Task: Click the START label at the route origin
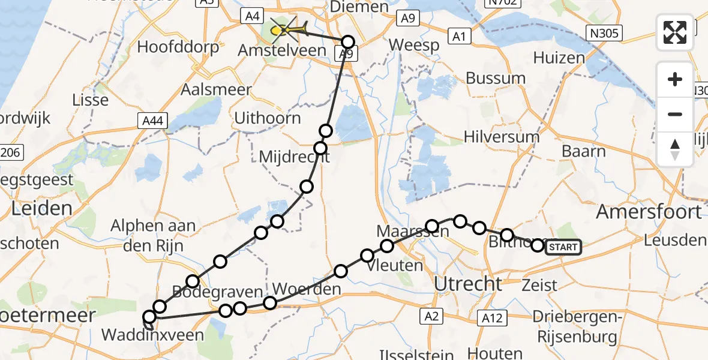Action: coord(563,247)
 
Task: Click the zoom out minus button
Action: coord(675,114)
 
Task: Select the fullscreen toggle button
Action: coord(675,32)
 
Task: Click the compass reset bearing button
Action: coord(675,149)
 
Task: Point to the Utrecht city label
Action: coord(468,284)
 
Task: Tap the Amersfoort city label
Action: coord(649,212)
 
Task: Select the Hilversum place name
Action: coord(502,137)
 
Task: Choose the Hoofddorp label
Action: coord(178,47)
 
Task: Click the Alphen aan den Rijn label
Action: coord(154,235)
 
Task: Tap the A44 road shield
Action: coord(152,122)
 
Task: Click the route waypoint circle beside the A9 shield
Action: coord(348,42)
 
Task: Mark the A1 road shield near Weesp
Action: coord(460,37)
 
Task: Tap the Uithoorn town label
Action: coord(268,118)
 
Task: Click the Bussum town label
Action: coord(496,79)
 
